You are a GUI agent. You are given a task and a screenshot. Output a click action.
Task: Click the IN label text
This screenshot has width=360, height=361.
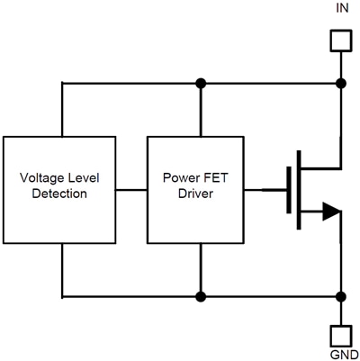tap(340, 11)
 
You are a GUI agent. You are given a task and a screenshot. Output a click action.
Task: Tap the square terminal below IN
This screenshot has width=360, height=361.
tap(340, 41)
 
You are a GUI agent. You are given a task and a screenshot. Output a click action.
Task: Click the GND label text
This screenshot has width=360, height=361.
tap(340, 352)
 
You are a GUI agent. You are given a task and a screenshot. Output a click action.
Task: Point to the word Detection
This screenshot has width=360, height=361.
tap(60, 194)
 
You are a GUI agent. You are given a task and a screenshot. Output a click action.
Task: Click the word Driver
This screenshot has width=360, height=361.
tap(195, 194)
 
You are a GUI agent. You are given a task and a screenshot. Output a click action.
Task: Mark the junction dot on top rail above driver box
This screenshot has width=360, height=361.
tap(202, 84)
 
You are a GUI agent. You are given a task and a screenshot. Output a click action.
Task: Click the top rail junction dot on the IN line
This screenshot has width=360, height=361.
tap(340, 84)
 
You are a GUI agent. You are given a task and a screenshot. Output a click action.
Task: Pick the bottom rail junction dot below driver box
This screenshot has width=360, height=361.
tap(202, 295)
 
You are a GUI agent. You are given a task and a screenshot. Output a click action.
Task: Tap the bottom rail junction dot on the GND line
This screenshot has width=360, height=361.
tap(340, 295)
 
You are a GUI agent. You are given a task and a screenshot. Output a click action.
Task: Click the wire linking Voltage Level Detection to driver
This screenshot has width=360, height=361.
tap(130, 190)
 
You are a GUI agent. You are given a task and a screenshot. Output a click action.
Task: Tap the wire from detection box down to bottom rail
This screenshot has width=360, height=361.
tap(62, 270)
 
